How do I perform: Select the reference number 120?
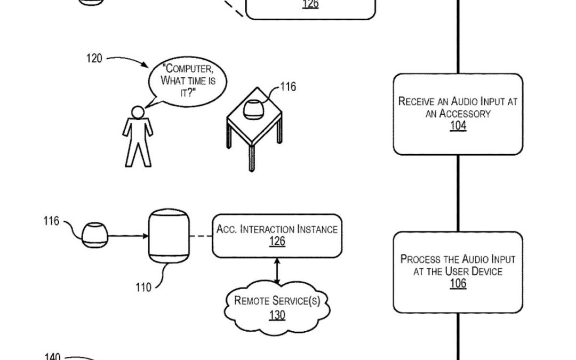94,58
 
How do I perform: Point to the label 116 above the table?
288,87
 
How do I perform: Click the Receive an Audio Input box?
458,114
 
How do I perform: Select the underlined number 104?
458,126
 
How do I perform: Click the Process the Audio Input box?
458,271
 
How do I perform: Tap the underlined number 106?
458,283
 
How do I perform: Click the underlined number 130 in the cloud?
277,315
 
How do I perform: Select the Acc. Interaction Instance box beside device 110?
277,235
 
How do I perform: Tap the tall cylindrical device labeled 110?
168,236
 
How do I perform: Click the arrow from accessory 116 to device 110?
128,235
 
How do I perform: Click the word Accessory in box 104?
458,114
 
